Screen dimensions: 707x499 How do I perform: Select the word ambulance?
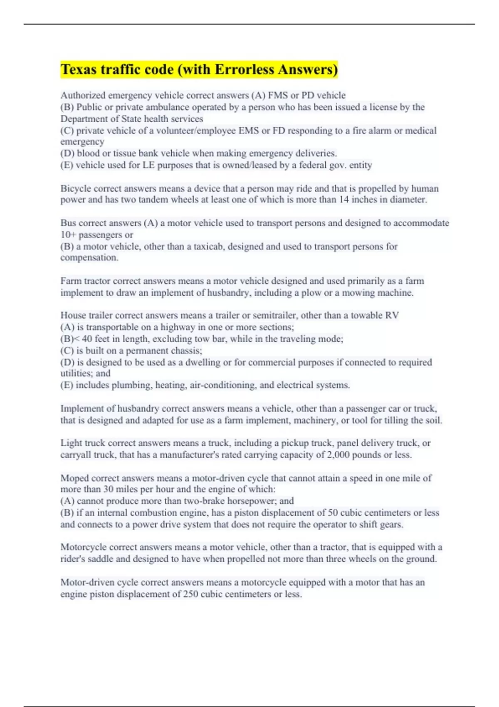point(158,107)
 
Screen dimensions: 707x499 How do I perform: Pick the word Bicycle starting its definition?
point(75,189)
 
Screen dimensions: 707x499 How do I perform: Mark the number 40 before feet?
point(87,339)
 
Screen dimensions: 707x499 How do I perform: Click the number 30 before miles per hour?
point(109,489)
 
